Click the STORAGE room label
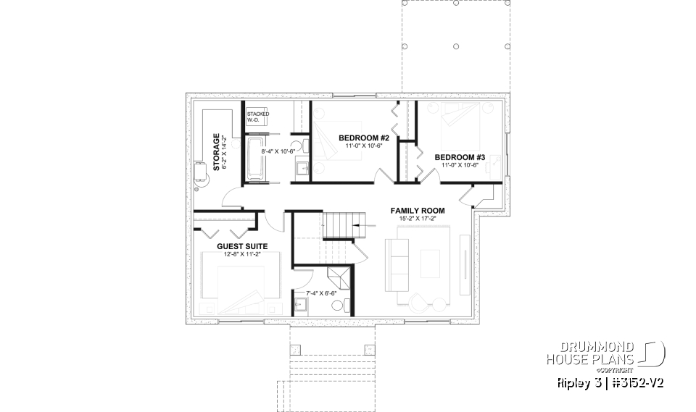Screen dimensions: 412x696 click(216, 151)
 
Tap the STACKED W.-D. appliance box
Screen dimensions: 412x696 click(257, 117)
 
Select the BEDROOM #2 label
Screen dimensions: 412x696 click(364, 138)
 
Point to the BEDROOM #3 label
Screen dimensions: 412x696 click(460, 157)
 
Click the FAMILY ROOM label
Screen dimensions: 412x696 click(417, 211)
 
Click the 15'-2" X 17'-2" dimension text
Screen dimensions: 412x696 click(417, 219)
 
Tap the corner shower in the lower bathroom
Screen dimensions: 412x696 click(337, 277)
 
